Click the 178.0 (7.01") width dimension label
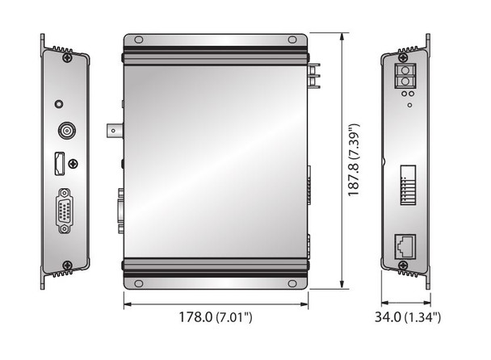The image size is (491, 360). [216, 316]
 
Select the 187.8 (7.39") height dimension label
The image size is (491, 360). [354, 160]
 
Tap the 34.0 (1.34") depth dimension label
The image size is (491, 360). [408, 316]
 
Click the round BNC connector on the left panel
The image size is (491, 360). [67, 130]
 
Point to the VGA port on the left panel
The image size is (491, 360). [65, 211]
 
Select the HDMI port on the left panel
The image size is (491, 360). [60, 163]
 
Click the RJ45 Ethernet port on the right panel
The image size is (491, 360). [405, 247]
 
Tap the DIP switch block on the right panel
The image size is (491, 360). [408, 185]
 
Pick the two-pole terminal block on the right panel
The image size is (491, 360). [405, 76]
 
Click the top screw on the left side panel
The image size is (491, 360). [67, 57]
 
